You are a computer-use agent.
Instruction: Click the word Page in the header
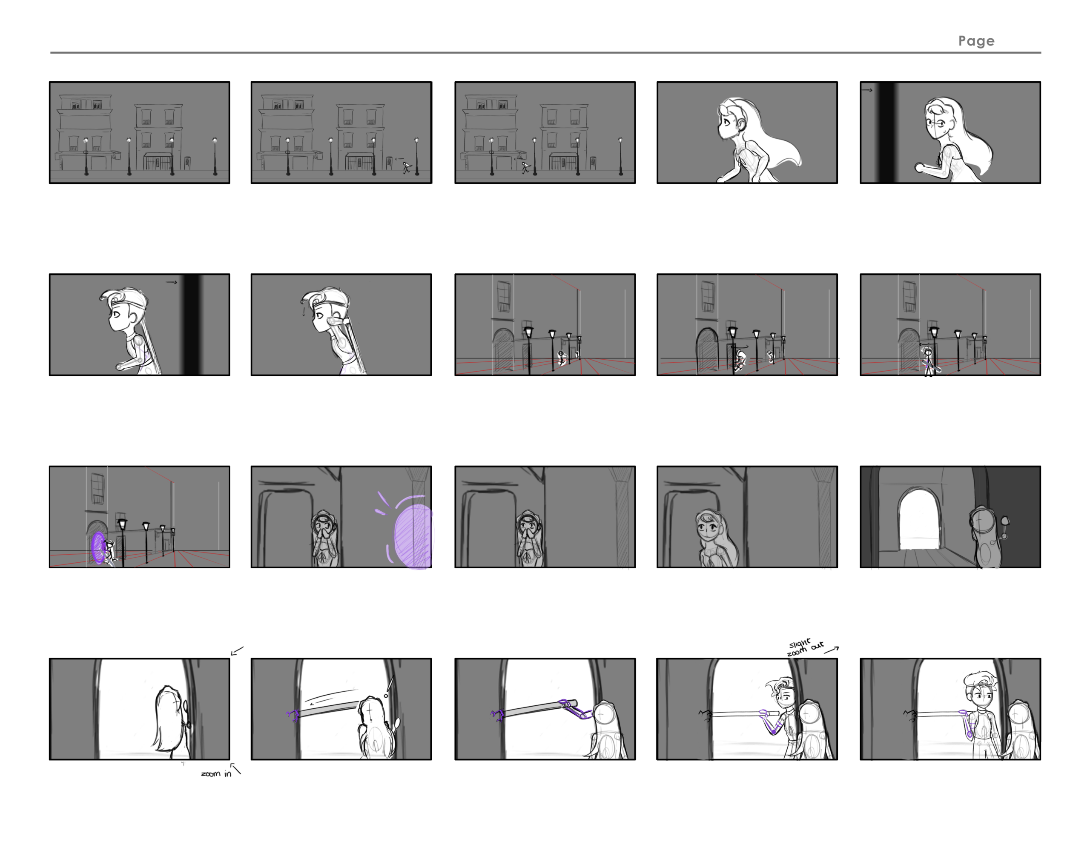976,41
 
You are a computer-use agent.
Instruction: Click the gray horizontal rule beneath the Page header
545,52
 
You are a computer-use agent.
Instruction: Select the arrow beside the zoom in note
235,769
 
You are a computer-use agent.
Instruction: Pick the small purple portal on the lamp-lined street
98,548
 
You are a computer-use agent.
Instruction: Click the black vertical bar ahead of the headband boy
192,324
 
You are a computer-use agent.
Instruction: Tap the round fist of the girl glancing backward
919,168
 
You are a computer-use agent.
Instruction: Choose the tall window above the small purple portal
98,488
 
